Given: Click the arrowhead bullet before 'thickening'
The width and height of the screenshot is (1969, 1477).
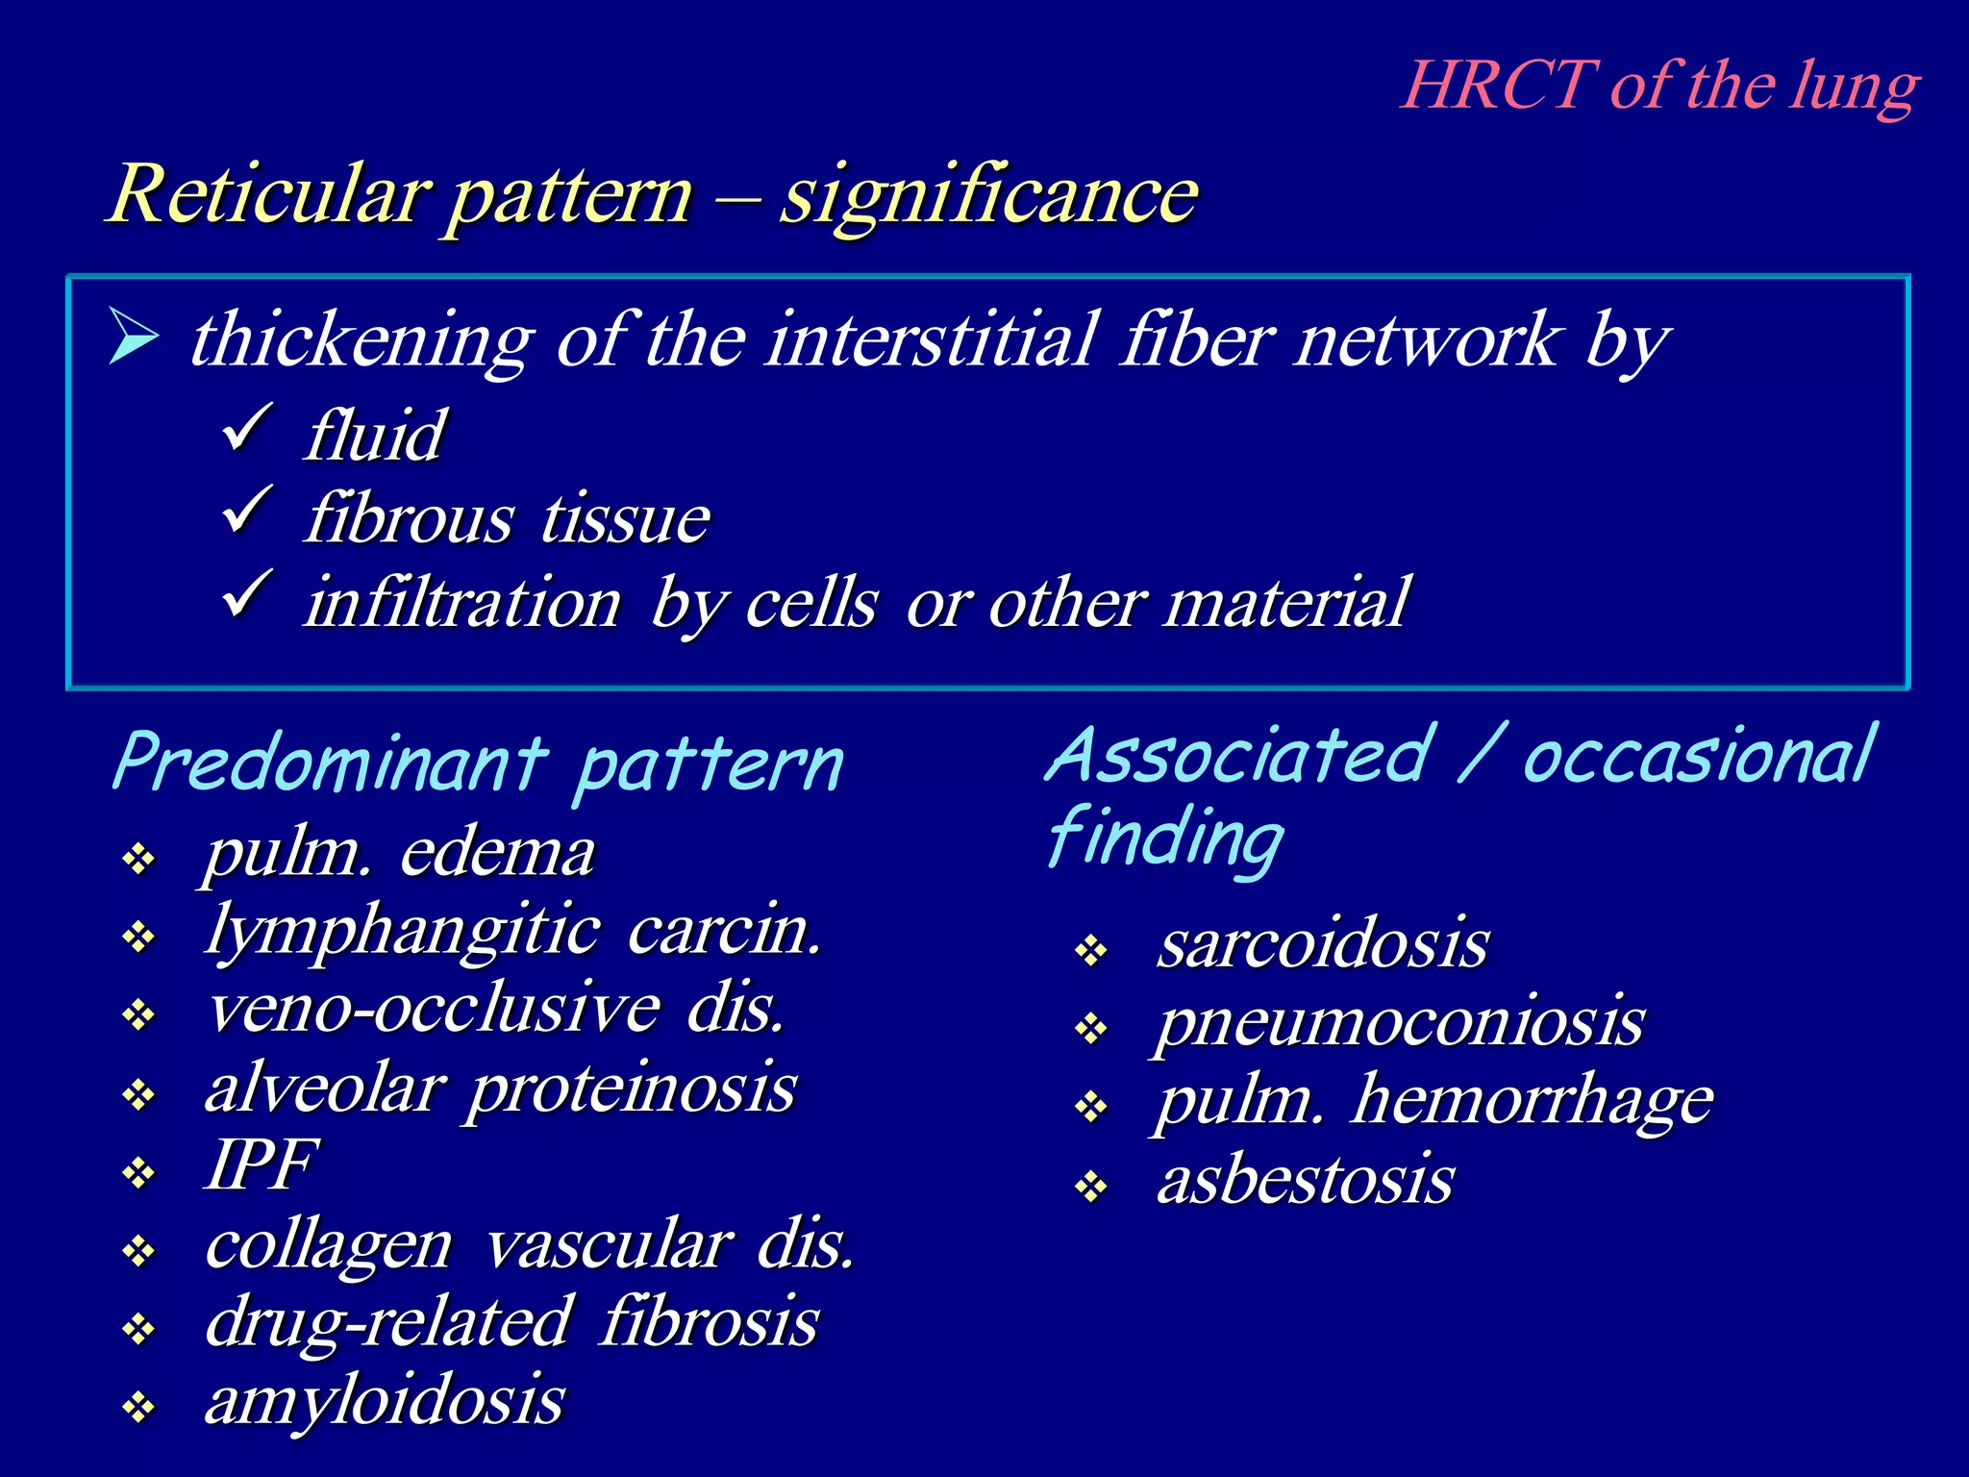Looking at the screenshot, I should pyautogui.click(x=133, y=336).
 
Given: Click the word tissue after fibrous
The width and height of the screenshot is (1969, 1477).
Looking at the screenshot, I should pyautogui.click(x=625, y=519).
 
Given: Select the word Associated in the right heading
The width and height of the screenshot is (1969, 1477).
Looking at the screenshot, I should pyautogui.click(x=1240, y=757).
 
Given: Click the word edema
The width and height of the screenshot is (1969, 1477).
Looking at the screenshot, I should pyautogui.click(x=497, y=853).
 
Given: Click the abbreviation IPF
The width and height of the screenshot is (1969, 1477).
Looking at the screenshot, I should pyautogui.click(x=260, y=1165).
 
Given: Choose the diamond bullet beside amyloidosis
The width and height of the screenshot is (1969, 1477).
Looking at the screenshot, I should pyautogui.click(x=139, y=1409).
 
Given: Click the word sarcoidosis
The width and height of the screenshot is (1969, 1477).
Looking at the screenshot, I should pyautogui.click(x=1323, y=944).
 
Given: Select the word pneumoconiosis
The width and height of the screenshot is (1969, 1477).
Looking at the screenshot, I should pyautogui.click(x=1400, y=1023).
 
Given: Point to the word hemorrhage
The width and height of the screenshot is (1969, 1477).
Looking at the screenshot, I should pyautogui.click(x=1533, y=1101).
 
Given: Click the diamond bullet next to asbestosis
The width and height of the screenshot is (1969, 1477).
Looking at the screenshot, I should pyautogui.click(x=1091, y=1188).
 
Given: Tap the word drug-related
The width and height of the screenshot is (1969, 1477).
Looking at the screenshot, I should pyautogui.click(x=389, y=1322).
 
